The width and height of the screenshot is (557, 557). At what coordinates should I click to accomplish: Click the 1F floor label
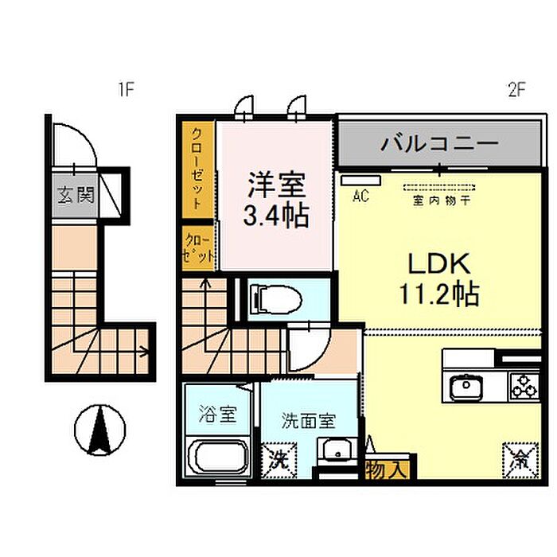(126, 89)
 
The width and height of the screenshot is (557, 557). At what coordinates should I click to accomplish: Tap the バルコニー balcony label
(440, 143)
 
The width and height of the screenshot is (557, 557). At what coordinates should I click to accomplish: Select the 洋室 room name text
(277, 185)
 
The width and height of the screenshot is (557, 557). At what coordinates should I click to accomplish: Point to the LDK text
(439, 263)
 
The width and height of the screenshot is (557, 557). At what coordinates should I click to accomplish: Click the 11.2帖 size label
(439, 294)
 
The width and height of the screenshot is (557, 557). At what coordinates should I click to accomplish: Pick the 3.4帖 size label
(276, 216)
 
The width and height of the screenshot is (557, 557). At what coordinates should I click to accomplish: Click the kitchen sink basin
(466, 386)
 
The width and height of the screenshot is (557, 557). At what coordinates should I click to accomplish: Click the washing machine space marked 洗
(278, 461)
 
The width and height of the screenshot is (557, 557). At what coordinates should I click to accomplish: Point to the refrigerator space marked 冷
(520, 461)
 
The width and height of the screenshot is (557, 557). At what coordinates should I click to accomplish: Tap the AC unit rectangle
(361, 181)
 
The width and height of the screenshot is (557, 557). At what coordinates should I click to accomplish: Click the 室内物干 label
(442, 201)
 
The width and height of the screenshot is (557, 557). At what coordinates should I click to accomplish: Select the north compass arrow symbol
(100, 430)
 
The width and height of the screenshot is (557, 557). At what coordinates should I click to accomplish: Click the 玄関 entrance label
(76, 195)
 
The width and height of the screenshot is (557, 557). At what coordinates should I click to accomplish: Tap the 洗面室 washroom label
(309, 421)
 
